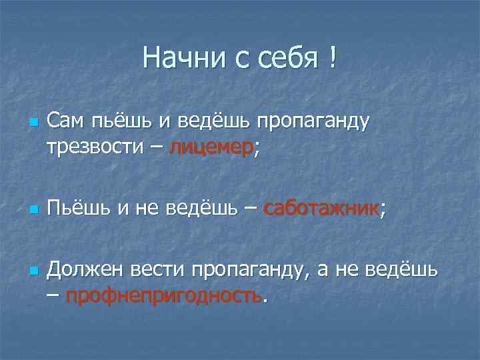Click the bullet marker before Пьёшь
(x=31, y=211)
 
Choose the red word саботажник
(x=321, y=210)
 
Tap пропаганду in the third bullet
(x=251, y=271)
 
